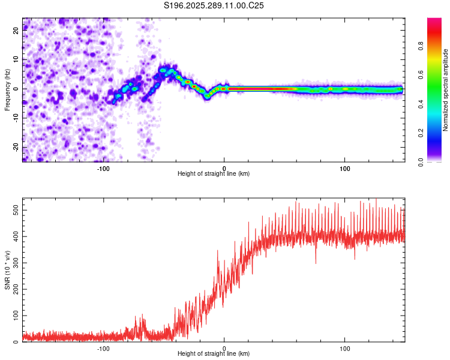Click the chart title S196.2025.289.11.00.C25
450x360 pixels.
click(214, 5)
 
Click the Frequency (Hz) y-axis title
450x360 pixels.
click(7, 89)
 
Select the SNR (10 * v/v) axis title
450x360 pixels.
click(7, 270)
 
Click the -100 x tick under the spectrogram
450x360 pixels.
click(103, 168)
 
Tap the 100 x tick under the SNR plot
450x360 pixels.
click(345, 349)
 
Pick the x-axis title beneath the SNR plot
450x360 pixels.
click(214, 355)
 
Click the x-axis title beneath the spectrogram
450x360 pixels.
click(214, 174)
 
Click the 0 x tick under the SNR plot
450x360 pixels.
click(224, 349)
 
